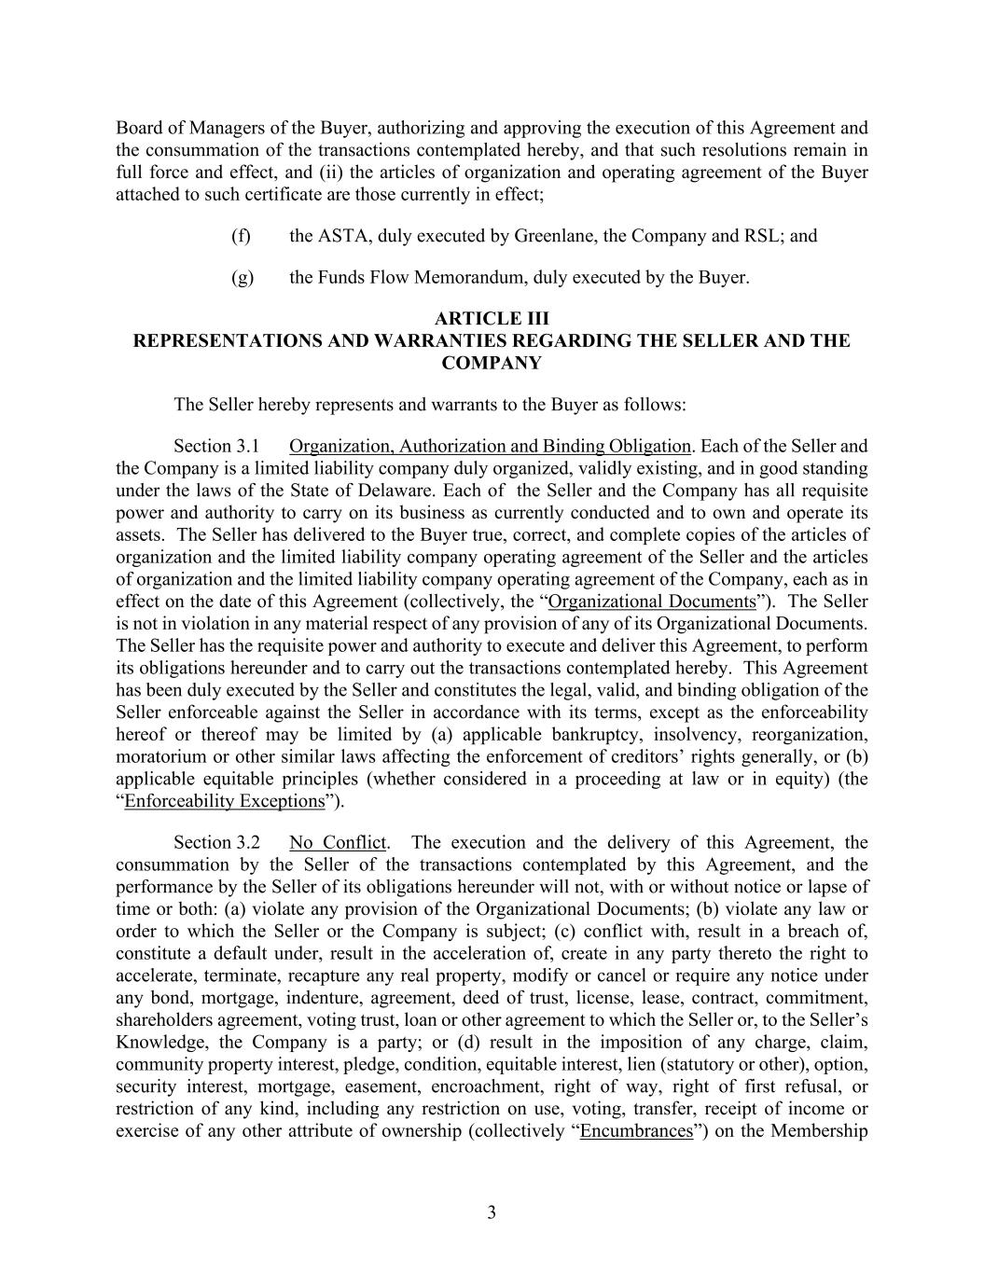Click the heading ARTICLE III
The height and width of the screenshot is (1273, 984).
pyautogui.click(x=492, y=319)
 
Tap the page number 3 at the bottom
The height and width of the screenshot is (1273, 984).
pyautogui.click(x=492, y=1212)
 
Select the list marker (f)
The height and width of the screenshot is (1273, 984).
pyautogui.click(x=241, y=236)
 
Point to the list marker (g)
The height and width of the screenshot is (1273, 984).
pyautogui.click(x=242, y=278)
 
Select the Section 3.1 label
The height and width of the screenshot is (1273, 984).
pyautogui.click(x=215, y=447)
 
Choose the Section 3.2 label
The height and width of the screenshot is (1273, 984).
pyautogui.click(x=215, y=843)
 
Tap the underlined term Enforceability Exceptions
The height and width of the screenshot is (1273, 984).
pyautogui.click(x=224, y=801)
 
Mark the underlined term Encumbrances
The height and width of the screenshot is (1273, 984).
pyautogui.click(x=636, y=1132)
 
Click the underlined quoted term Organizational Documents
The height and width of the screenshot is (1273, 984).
pyautogui.click(x=652, y=602)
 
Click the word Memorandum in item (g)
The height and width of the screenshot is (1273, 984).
pyautogui.click(x=461, y=278)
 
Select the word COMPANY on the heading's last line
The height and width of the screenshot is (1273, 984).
pyautogui.click(x=492, y=364)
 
